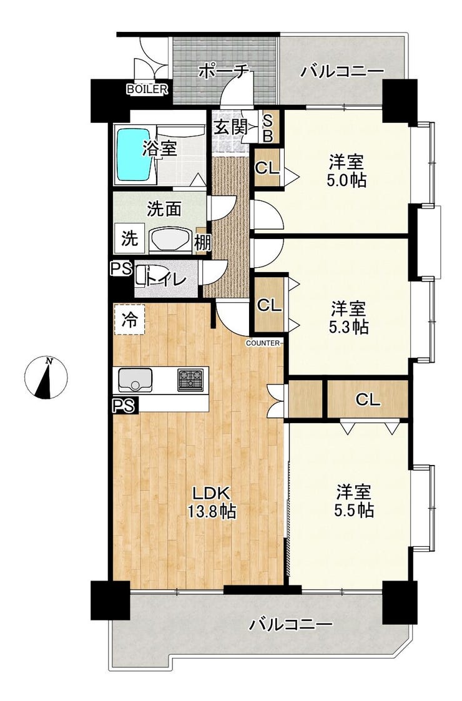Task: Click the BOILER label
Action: coord(147,89)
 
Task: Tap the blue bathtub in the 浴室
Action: coord(134,154)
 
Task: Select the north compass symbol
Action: coord(46,378)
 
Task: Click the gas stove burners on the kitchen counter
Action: coord(192,380)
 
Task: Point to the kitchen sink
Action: coord(135,380)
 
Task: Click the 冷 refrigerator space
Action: coord(130,319)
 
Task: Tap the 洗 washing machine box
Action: coord(130,238)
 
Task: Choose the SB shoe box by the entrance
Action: coord(267,127)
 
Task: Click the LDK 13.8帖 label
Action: coord(212,503)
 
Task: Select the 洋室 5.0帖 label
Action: coord(347,171)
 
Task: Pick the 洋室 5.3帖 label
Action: coord(349,318)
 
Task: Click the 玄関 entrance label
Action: coord(230,127)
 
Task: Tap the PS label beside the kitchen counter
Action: coord(123,406)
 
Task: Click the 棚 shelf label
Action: coord(202,243)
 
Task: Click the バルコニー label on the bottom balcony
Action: coord(291,624)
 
